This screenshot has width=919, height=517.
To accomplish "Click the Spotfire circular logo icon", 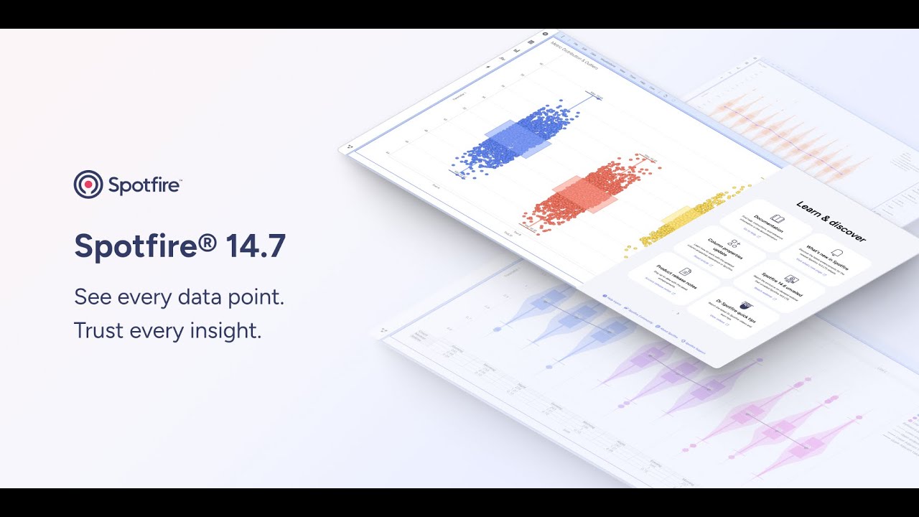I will [88, 185].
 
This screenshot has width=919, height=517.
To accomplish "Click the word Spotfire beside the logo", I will [144, 185].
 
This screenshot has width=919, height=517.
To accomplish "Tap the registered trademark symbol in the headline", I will [207, 241].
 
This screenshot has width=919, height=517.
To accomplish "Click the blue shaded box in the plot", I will [518, 139].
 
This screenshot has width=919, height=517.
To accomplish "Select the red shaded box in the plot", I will [584, 195].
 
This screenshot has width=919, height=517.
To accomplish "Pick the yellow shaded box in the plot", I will [675, 218].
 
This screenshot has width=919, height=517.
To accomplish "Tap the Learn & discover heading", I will [831, 221].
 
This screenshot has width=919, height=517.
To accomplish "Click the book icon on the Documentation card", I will [777, 218].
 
